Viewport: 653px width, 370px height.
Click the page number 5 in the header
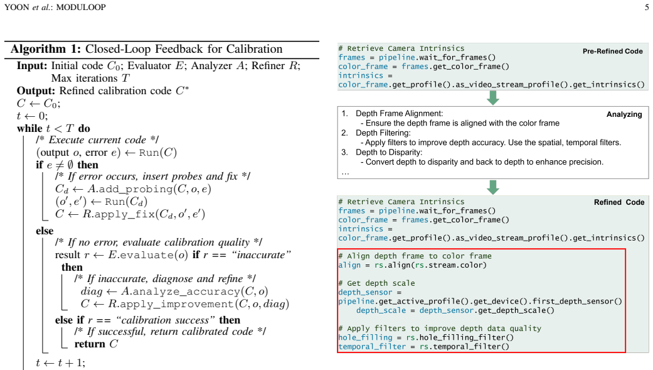coord(646,7)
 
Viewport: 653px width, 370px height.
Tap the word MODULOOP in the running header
coord(81,7)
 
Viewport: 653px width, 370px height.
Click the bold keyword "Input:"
coord(32,66)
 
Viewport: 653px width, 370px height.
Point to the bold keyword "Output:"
coord(36,91)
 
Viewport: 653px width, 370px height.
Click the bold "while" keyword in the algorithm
coord(29,128)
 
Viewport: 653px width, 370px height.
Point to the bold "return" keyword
coord(90,344)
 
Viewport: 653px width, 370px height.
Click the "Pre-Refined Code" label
coord(613,52)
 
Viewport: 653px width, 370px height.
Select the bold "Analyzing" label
coord(624,114)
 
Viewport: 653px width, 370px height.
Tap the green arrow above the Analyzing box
coord(492,98)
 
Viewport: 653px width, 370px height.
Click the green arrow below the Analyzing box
coord(492,187)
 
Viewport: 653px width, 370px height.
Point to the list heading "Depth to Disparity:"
coord(389,152)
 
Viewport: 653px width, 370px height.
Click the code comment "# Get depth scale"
coord(376,283)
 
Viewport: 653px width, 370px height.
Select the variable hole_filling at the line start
coord(365,337)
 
